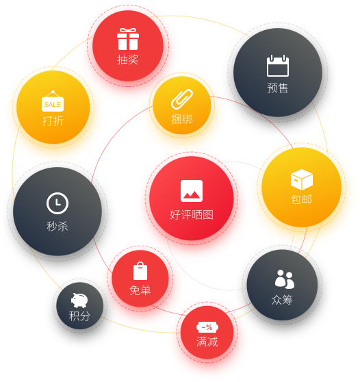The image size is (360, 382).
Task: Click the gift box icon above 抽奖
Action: pos(128,39)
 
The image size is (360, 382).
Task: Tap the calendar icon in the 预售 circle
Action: pos(278,66)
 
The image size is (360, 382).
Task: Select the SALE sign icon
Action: pos(53,101)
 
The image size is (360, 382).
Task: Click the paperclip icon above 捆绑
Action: pos(182,99)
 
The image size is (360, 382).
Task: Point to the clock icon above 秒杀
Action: pos(57,203)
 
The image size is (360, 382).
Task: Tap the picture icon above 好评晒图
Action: pos(192,191)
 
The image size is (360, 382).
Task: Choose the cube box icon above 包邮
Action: pos(302,179)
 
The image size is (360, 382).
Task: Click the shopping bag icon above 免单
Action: pos(140,271)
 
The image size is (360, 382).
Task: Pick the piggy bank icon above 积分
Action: pos(79,301)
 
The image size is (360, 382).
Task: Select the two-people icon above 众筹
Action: pos(285,279)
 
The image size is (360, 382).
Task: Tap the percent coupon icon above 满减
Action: pos(207,327)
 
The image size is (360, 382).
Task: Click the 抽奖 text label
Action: pos(128,60)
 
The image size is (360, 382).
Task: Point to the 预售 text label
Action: pos(278,88)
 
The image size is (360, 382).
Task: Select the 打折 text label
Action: pos(53,121)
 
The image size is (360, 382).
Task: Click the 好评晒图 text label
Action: pos(192,215)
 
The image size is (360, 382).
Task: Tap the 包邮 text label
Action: pos(302,199)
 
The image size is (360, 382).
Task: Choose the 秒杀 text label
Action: pos(57,226)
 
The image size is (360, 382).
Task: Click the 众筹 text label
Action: pos(282,300)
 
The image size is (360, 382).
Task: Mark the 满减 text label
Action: pos(207,342)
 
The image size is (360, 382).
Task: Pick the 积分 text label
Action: pos(79,316)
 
